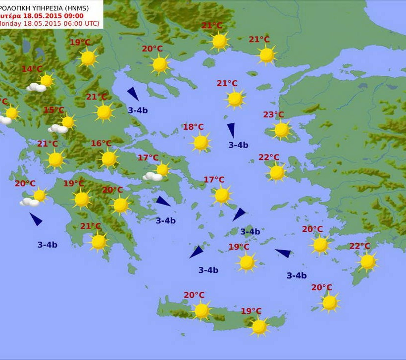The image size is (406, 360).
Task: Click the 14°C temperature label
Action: [x=32, y=69]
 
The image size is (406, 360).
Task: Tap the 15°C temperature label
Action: [x=54, y=110]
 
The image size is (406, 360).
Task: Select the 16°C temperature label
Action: [x=101, y=144]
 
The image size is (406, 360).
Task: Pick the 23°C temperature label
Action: [x=273, y=115]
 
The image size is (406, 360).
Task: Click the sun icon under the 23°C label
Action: [x=281, y=130]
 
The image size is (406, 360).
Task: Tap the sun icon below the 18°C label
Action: [x=201, y=143]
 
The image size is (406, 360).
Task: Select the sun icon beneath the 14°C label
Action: [x=46, y=80]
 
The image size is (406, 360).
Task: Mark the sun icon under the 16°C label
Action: [x=108, y=158]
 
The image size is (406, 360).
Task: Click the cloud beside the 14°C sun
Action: [x=36, y=88]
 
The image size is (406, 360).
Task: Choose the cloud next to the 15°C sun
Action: [x=58, y=129]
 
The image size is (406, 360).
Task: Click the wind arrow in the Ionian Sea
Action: [x=36, y=219]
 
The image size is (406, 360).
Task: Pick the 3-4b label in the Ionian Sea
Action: [x=48, y=245]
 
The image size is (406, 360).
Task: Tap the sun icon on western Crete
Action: [x=202, y=310]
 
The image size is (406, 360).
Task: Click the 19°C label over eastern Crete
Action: [x=251, y=311]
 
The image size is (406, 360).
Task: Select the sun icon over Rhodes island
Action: [x=367, y=261]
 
